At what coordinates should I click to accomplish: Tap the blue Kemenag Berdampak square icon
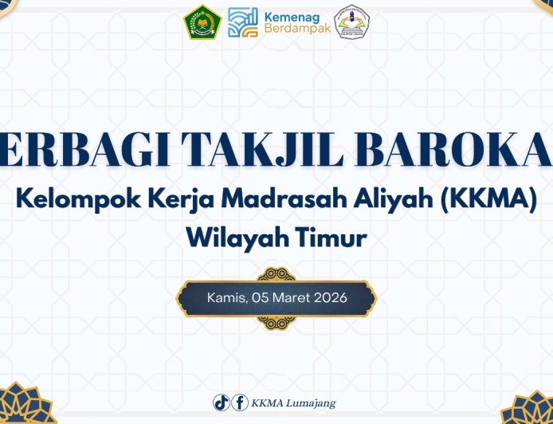pos(243,22)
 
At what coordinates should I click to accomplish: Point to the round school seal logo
pos(352,22)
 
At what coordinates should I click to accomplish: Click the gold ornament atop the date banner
pos(276,274)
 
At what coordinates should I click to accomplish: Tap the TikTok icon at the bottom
pos(221,402)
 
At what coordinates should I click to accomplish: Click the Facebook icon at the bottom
pos(239,402)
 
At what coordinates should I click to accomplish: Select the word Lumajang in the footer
pos(312,403)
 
